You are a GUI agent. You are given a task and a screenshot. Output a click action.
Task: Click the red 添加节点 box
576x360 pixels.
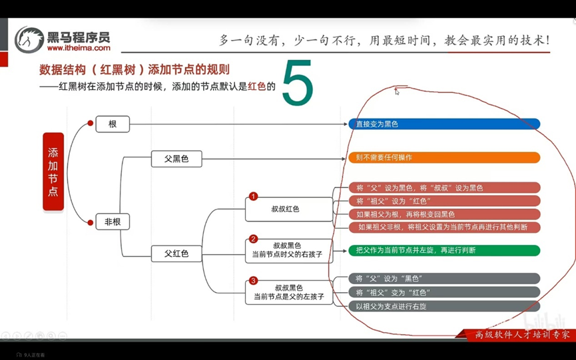click(x=53, y=172)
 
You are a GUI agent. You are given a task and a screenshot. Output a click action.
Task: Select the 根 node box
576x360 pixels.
click(x=113, y=124)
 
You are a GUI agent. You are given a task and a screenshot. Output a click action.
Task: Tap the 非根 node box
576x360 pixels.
click(x=113, y=222)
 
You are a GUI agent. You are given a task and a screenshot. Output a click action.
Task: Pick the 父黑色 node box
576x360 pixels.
click(x=176, y=158)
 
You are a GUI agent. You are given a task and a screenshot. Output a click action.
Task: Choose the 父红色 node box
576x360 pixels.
click(x=176, y=254)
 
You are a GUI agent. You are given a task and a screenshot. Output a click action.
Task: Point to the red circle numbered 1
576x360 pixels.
click(x=253, y=196)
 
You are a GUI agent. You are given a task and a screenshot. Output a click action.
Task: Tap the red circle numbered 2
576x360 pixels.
click(x=253, y=239)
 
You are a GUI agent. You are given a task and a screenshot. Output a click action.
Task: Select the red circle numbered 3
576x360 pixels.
click(x=253, y=281)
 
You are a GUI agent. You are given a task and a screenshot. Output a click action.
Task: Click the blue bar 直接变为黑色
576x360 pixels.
click(x=443, y=124)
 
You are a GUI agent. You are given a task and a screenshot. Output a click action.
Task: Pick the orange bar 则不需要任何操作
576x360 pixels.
click(x=443, y=158)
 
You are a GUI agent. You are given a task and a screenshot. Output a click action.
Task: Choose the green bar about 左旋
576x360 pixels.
click(x=443, y=250)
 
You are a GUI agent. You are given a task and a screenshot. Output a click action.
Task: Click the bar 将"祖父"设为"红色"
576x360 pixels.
click(x=443, y=201)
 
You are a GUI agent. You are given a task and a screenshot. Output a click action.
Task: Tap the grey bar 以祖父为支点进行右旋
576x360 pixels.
click(x=443, y=306)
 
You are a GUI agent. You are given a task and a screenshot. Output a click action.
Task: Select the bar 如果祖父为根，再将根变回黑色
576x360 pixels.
click(x=443, y=214)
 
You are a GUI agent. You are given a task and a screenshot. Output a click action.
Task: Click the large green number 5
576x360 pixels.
click(x=297, y=85)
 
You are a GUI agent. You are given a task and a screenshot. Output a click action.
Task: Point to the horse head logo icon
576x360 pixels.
click(x=29, y=40)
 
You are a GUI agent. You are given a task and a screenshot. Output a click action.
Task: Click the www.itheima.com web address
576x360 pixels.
click(x=79, y=48)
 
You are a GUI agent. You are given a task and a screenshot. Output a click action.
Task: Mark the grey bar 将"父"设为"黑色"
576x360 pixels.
click(x=443, y=278)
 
